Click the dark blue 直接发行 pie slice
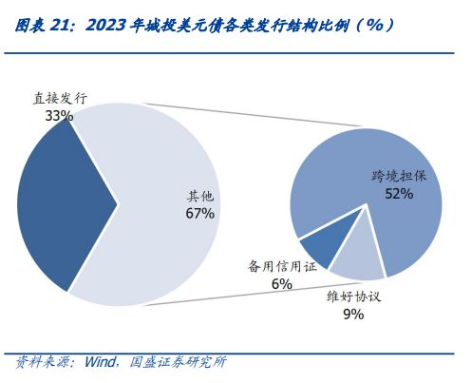[x=62, y=204]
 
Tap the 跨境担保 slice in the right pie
[x=380, y=219]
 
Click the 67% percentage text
[x=200, y=214]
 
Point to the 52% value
[x=399, y=194]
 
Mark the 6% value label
[x=281, y=284]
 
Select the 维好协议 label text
[x=353, y=297]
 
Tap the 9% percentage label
[x=353, y=314]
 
